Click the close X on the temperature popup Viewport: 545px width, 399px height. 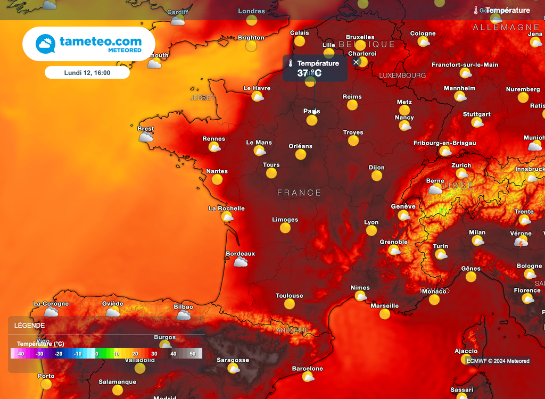[357, 62]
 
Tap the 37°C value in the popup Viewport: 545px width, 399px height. [309, 73]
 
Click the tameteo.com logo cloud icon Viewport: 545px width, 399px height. [45, 44]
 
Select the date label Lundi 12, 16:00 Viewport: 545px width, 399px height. [87, 72]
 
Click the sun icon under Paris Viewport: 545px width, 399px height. [312, 120]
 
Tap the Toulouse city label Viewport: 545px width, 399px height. [289, 296]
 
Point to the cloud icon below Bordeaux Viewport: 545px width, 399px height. [241, 262]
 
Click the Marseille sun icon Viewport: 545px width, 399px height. [385, 314]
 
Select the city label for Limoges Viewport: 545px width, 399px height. [285, 220]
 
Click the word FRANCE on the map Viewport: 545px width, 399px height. [299, 193]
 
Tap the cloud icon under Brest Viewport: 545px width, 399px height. [146, 137]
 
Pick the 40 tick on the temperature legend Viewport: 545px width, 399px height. [173, 354]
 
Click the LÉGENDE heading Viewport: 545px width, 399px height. [30, 326]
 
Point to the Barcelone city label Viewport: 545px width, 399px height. [308, 369]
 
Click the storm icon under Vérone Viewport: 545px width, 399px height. [521, 243]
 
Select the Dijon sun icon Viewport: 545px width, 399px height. [377, 176]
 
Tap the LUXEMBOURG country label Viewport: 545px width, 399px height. [402, 76]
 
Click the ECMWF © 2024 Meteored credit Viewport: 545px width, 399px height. [498, 361]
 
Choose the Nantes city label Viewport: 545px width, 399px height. [217, 171]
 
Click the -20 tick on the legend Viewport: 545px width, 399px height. [59, 354]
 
